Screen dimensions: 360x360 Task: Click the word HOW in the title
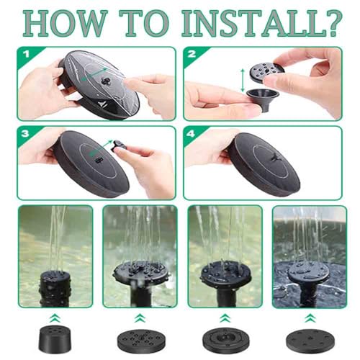(x=66, y=23)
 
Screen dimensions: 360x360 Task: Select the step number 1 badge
(x=26, y=54)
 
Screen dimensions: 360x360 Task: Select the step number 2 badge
(x=192, y=54)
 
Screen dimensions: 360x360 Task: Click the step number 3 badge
(x=25, y=133)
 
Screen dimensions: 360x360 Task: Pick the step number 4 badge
(x=191, y=133)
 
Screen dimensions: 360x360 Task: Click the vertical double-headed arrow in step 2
(x=243, y=80)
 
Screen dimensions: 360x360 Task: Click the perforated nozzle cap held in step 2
(x=267, y=71)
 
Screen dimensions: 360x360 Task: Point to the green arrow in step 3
(x=101, y=148)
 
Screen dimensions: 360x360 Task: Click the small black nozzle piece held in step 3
(x=117, y=145)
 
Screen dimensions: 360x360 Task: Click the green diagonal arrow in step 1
(x=94, y=74)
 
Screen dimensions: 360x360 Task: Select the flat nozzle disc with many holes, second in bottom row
(x=140, y=341)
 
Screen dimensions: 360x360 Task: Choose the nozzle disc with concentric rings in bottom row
(x=225, y=341)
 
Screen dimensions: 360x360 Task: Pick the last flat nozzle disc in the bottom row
(x=310, y=341)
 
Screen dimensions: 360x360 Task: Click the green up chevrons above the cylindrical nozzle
(x=55, y=318)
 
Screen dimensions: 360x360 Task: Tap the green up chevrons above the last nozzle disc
(x=310, y=318)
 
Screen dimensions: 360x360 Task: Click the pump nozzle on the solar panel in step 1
(x=105, y=81)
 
